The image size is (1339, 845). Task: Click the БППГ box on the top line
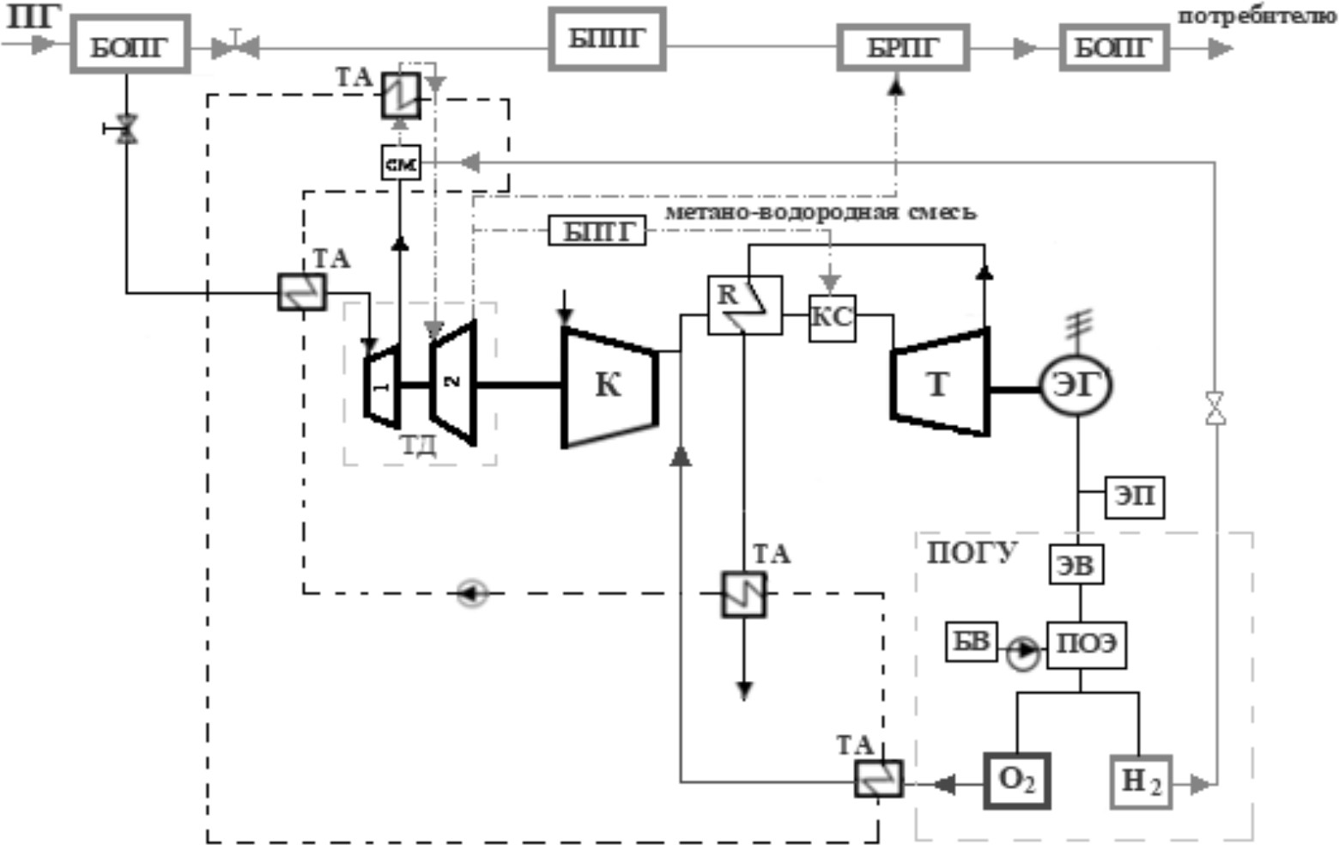[607, 39]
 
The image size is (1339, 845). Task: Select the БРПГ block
[903, 47]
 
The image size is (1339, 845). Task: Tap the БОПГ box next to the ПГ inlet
[130, 44]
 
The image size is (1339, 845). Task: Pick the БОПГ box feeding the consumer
[1114, 47]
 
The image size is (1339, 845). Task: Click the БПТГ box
[597, 231]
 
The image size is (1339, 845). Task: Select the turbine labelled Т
[940, 384]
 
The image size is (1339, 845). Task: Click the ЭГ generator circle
[1075, 385]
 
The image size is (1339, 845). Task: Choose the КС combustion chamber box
[832, 318]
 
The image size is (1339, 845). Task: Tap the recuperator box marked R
[744, 305]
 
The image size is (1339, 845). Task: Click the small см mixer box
[401, 162]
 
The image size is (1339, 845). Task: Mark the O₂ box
[1017, 781]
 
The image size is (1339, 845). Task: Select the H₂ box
[1141, 782]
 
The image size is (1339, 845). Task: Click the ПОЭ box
[1086, 644]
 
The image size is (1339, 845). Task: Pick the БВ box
[972, 641]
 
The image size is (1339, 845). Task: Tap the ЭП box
[1135, 496]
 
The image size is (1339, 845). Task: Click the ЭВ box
[1076, 565]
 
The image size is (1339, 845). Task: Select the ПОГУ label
[972, 552]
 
